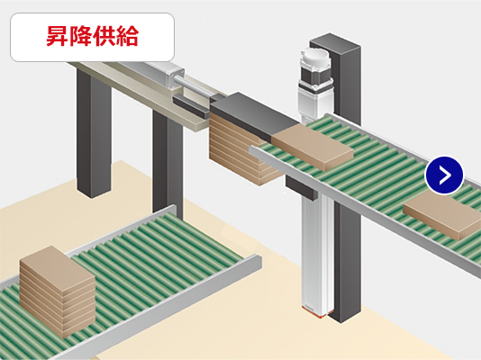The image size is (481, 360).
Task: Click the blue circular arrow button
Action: [x=444, y=175]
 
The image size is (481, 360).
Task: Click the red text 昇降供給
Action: [x=93, y=37]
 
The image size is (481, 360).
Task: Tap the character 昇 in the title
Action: [x=58, y=37]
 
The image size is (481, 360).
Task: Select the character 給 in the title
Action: [x=128, y=37]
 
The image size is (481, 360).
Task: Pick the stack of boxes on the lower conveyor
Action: [x=58, y=292]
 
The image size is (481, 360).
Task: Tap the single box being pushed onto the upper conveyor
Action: [x=312, y=147]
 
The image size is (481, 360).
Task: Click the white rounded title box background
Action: [x=93, y=37]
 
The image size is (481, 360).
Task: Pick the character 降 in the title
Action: [x=81, y=37]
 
